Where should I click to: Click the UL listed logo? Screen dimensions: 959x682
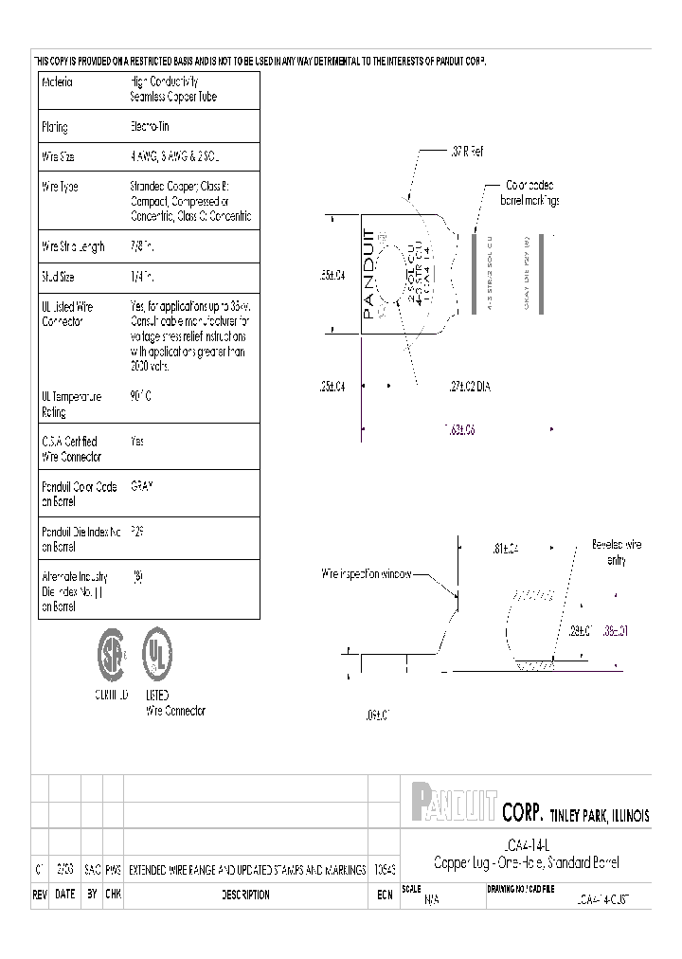[157, 653]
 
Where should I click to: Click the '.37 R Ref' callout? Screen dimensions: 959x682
[463, 153]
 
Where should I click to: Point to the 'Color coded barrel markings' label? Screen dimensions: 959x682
[529, 193]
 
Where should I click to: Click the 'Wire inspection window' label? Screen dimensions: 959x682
[366, 574]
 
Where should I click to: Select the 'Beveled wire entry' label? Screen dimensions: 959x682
[617, 552]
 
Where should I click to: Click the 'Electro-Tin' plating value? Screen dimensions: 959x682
[149, 127]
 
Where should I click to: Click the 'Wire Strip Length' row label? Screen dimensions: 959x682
[74, 247]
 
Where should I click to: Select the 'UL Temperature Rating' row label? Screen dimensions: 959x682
[71, 405]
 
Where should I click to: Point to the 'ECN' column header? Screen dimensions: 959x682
[384, 895]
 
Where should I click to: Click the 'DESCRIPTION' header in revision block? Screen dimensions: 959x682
[245, 895]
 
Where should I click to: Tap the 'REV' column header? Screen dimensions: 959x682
[41, 895]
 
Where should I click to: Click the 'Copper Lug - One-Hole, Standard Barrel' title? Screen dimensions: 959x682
[525, 862]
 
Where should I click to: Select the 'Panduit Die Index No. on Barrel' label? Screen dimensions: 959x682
[79, 538]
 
